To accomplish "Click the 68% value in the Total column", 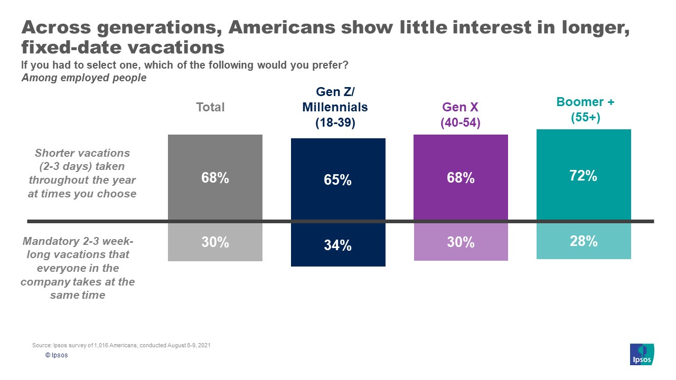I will (x=215, y=178).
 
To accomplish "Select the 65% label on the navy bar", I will (x=338, y=180).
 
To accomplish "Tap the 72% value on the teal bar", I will (x=584, y=176).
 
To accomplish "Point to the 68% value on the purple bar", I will (x=461, y=178).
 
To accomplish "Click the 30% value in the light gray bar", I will (x=215, y=242).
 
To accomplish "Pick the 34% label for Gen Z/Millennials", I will (x=338, y=245).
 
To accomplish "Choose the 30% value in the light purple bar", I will (x=461, y=242).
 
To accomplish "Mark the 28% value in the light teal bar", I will (x=584, y=241).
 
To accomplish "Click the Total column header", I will (x=210, y=107).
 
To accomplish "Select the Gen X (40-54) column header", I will (x=461, y=115).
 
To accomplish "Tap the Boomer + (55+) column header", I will (x=585, y=110).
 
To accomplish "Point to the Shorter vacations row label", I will (x=82, y=173).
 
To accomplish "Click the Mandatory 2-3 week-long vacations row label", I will (x=78, y=268).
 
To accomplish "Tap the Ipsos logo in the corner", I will (x=642, y=354).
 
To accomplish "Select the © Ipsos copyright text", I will (x=57, y=355).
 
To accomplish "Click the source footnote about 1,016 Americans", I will (x=121, y=345).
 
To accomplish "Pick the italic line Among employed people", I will (x=83, y=78).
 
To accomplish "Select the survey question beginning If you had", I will (x=184, y=65).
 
